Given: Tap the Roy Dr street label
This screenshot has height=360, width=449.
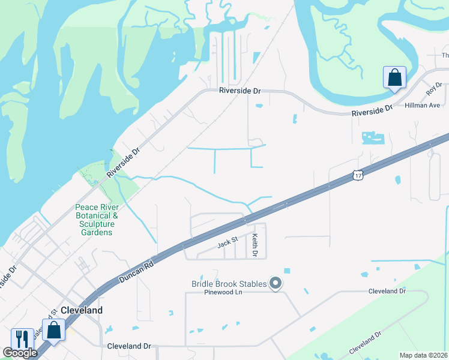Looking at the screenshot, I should [433, 89].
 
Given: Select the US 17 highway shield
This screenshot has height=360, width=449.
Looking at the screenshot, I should [358, 175].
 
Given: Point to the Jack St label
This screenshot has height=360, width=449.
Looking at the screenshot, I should [228, 243].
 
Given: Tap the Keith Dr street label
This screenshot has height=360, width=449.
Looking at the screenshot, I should [255, 246].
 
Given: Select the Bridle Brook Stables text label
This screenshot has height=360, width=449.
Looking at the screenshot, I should [229, 284].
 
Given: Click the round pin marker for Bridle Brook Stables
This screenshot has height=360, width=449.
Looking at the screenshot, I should [276, 283].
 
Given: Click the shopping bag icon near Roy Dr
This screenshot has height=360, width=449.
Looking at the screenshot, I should [394, 78].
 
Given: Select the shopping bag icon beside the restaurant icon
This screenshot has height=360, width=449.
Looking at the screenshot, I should [53, 331].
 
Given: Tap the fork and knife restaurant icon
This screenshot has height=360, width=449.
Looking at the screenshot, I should [22, 339].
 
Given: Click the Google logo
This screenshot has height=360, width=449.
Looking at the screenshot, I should [20, 353].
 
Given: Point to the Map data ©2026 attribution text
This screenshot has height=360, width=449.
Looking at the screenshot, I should [424, 355].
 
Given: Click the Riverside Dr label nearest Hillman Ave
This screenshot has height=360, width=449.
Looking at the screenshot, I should [372, 110].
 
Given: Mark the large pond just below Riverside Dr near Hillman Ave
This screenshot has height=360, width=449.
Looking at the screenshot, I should [372, 137].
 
